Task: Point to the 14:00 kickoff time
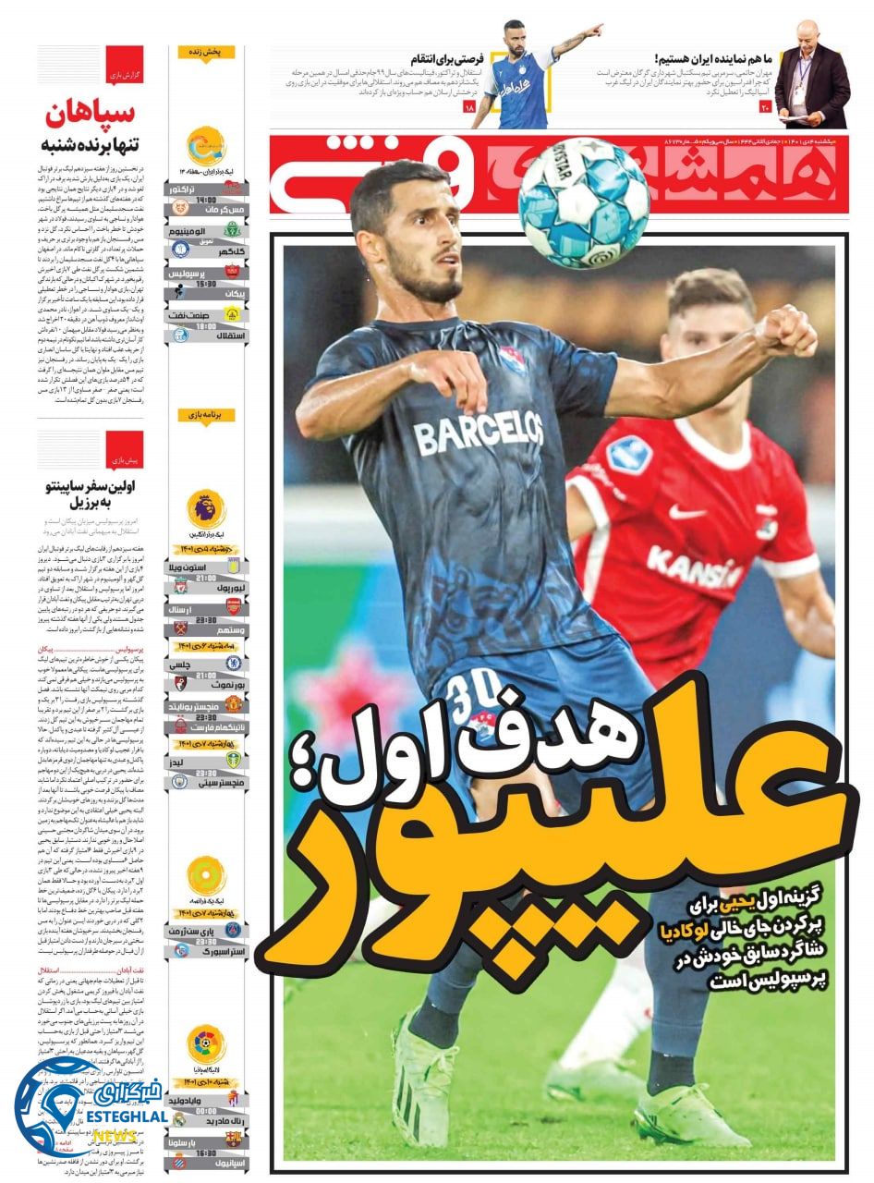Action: [206, 199]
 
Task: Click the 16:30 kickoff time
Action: [206, 1153]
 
